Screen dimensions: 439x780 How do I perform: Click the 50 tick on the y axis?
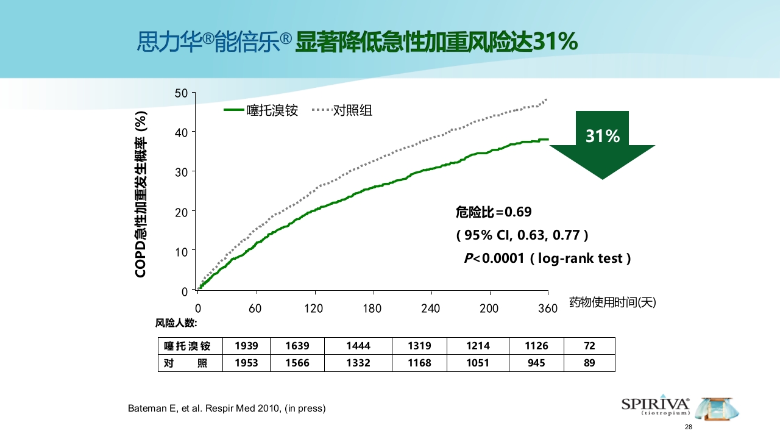coord(181,93)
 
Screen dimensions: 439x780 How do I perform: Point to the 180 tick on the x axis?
coord(372,309)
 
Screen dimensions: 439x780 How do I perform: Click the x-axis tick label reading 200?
coord(489,309)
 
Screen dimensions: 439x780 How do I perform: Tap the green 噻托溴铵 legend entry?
coord(261,110)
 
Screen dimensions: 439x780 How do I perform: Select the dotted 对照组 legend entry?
coord(342,110)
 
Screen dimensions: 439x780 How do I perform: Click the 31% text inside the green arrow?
coord(602,137)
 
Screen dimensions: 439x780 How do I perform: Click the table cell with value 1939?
coord(246,346)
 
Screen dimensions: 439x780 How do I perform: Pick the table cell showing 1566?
coord(297,363)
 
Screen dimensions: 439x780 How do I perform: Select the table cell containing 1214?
coord(478,346)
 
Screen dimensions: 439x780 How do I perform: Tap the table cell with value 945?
coord(536,363)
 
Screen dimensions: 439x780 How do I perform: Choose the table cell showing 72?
coord(589,346)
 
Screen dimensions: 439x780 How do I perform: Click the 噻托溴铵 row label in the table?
coord(188,346)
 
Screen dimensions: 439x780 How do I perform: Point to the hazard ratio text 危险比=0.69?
coord(494,212)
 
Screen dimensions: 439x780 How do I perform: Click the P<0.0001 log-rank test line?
coord(547,259)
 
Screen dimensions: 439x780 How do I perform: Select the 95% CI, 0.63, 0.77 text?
coord(522,235)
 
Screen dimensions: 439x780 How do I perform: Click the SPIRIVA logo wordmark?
coord(655,404)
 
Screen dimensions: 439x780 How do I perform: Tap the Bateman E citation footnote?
coord(227,409)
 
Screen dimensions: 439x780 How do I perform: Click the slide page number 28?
coord(689,427)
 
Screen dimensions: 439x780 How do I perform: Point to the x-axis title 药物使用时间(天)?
coord(612,302)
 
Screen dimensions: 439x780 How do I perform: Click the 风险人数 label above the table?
coord(176,323)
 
